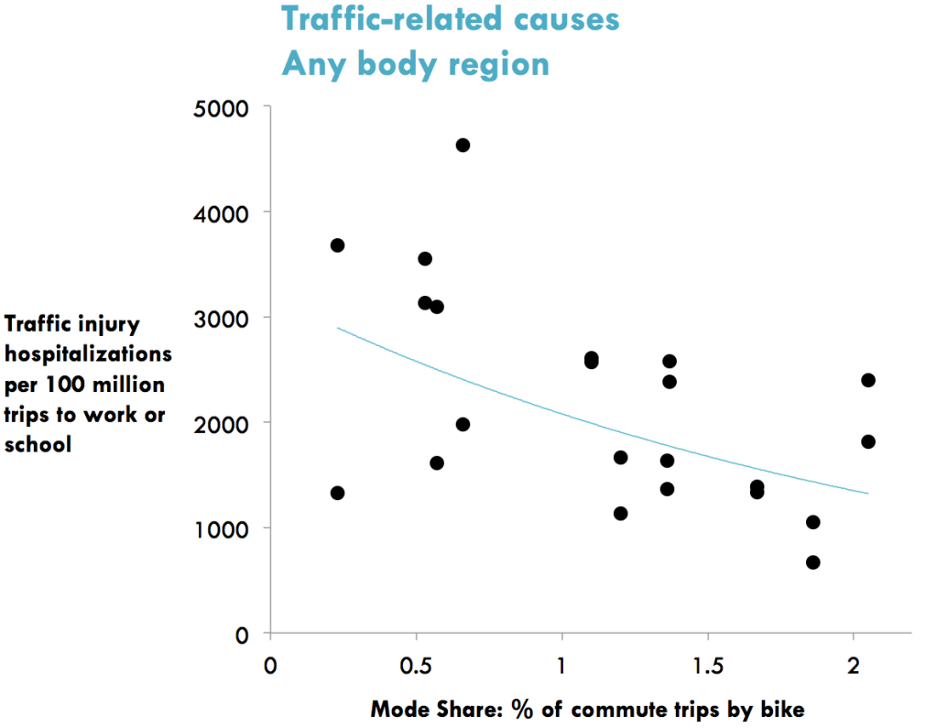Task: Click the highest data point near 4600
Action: pyautogui.click(x=463, y=145)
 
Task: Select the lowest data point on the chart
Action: pyautogui.click(x=812, y=562)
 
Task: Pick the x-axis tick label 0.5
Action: pyautogui.click(x=416, y=665)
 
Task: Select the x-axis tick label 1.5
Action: pyautogui.click(x=707, y=665)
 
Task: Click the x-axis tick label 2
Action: pyautogui.click(x=854, y=665)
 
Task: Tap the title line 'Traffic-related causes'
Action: pyautogui.click(x=450, y=19)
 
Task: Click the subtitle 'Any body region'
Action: pyautogui.click(x=415, y=63)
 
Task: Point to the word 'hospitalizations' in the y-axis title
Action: pyautogui.click(x=89, y=353)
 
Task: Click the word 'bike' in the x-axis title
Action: pyautogui.click(x=786, y=709)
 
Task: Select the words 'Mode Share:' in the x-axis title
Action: pyautogui.click(x=420, y=709)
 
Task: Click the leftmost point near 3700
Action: pyautogui.click(x=337, y=244)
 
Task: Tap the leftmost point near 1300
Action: pyautogui.click(x=337, y=493)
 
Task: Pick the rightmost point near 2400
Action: pyautogui.click(x=868, y=380)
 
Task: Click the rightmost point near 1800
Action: pyautogui.click(x=868, y=441)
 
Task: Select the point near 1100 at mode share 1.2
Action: pyautogui.click(x=620, y=513)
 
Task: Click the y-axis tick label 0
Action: pyautogui.click(x=242, y=634)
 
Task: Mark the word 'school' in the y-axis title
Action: pyautogui.click(x=38, y=446)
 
